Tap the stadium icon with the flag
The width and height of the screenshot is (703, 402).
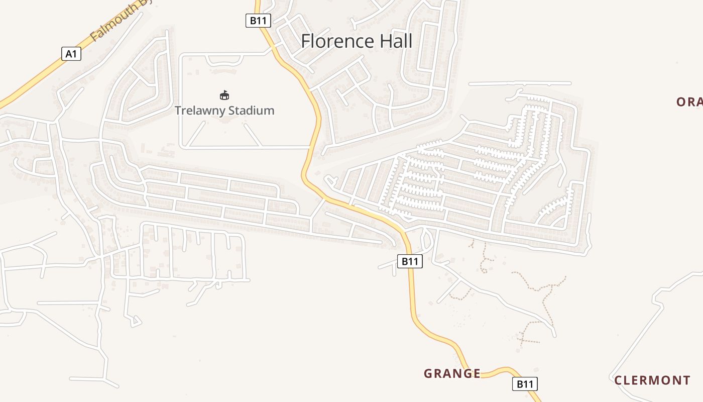224,95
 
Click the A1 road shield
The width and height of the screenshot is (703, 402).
71,54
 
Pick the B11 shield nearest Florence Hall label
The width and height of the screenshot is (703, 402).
259,21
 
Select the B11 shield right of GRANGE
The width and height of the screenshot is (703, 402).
525,384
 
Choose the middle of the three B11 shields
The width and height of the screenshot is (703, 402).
410,261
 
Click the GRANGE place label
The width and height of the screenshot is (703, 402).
452,374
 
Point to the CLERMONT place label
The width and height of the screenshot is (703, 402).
652,380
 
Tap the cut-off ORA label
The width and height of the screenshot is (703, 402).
689,102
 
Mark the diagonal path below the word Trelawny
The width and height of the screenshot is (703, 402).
197,134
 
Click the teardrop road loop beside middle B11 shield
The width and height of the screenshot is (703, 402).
427,240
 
